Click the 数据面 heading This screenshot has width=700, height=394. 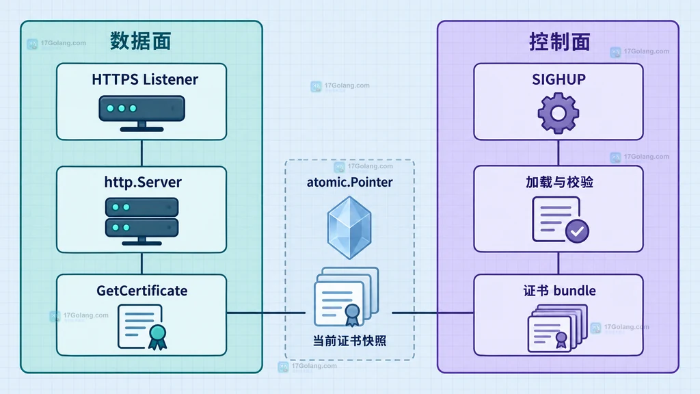pos(141,42)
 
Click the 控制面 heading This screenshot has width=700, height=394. pos(559,42)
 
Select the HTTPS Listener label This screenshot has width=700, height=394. pos(145,79)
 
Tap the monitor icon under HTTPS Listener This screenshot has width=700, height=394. pos(142,114)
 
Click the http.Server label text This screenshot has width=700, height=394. pos(143,182)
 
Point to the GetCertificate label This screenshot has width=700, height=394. pos(142,291)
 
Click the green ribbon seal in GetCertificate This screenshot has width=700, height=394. pos(157,337)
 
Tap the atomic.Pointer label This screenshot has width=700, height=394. pos(349,182)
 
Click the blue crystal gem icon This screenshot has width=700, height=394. pos(349,228)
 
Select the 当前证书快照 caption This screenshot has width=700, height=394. pos(349,341)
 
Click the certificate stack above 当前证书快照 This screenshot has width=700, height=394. pos(347,297)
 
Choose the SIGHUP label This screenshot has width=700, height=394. pos(558,79)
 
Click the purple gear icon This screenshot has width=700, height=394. pos(558,113)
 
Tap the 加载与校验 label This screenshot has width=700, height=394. pos(559,182)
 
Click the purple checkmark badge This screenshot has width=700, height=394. pos(577,231)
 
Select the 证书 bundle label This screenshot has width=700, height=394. pos(559,291)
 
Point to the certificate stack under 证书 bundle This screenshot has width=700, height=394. pos(558,328)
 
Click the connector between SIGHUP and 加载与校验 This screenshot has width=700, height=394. pos(558,153)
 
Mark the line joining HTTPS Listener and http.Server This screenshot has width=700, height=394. pos(142,153)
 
